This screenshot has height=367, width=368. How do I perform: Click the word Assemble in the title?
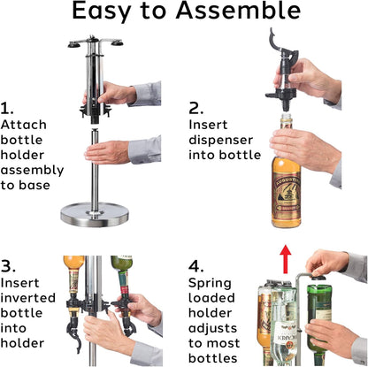pyautogui.click(x=238, y=10)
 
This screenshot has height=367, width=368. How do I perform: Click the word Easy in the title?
pyautogui.click(x=101, y=11)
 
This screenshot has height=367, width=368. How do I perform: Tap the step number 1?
pyautogui.click(x=7, y=108)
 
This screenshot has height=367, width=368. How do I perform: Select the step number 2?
pyautogui.click(x=195, y=108)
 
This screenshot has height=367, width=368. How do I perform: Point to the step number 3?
pyautogui.click(x=8, y=266)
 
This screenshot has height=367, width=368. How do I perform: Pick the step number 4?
pyautogui.click(x=196, y=266)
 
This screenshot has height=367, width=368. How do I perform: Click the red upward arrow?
pyautogui.click(x=285, y=258)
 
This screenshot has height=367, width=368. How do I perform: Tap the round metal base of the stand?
pyautogui.click(x=95, y=215)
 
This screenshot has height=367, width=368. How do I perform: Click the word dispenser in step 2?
pyautogui.click(x=221, y=140)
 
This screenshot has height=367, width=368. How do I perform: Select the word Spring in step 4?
pyautogui.click(x=210, y=284)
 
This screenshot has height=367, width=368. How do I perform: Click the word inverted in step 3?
pyautogui.click(x=28, y=298)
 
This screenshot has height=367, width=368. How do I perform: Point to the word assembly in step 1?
pyautogui.click(x=32, y=171)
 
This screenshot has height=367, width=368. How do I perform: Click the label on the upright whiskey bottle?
pyautogui.click(x=286, y=193)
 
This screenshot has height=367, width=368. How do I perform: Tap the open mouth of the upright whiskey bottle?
pyautogui.click(x=286, y=116)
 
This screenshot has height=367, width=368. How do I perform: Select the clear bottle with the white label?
pyautogui.click(x=285, y=325)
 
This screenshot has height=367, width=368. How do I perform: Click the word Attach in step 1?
pyautogui.click(x=24, y=125)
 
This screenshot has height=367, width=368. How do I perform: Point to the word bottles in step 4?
pyautogui.click(x=213, y=358)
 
